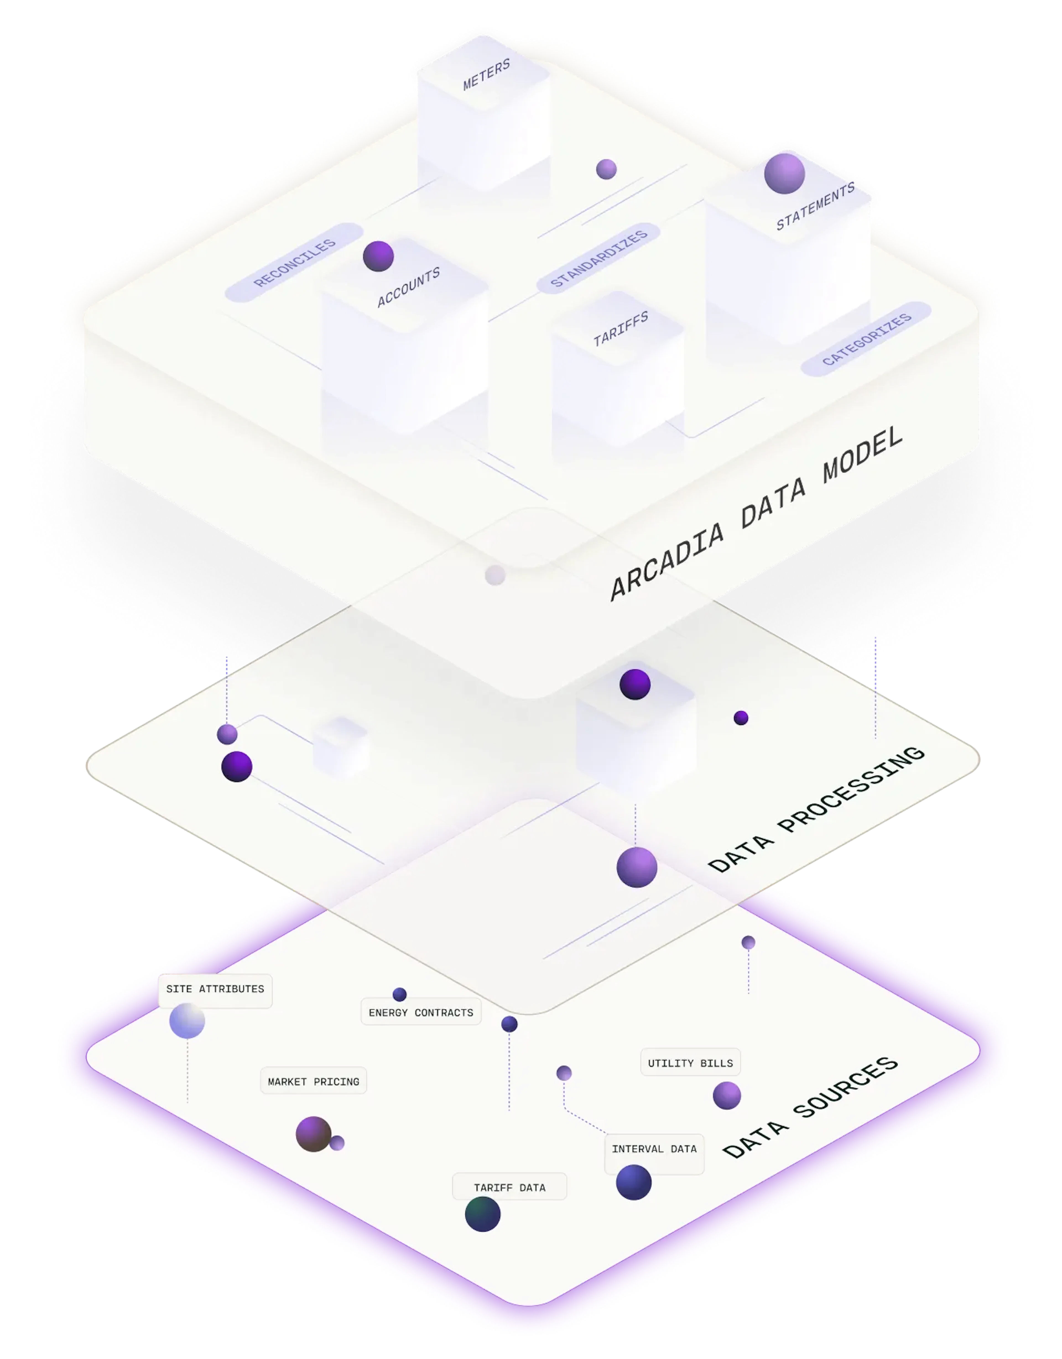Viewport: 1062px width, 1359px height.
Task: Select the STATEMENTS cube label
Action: pos(815,206)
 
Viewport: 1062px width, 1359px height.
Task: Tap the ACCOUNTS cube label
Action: pos(408,287)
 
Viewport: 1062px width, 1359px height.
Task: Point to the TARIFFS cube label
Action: pos(621,328)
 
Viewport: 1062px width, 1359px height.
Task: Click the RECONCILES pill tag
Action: pos(294,263)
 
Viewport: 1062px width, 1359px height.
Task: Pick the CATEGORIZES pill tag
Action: pos(866,339)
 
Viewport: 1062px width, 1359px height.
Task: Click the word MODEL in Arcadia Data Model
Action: pos(862,454)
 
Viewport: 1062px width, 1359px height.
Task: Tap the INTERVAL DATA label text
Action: pos(654,1149)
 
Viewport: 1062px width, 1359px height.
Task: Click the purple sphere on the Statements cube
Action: pos(784,174)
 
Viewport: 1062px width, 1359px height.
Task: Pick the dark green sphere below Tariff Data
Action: pos(482,1214)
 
